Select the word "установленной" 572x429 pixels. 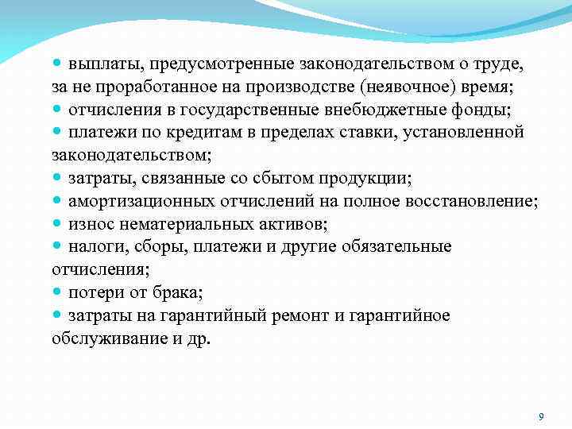coord(462,131)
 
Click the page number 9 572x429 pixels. coord(540,416)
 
